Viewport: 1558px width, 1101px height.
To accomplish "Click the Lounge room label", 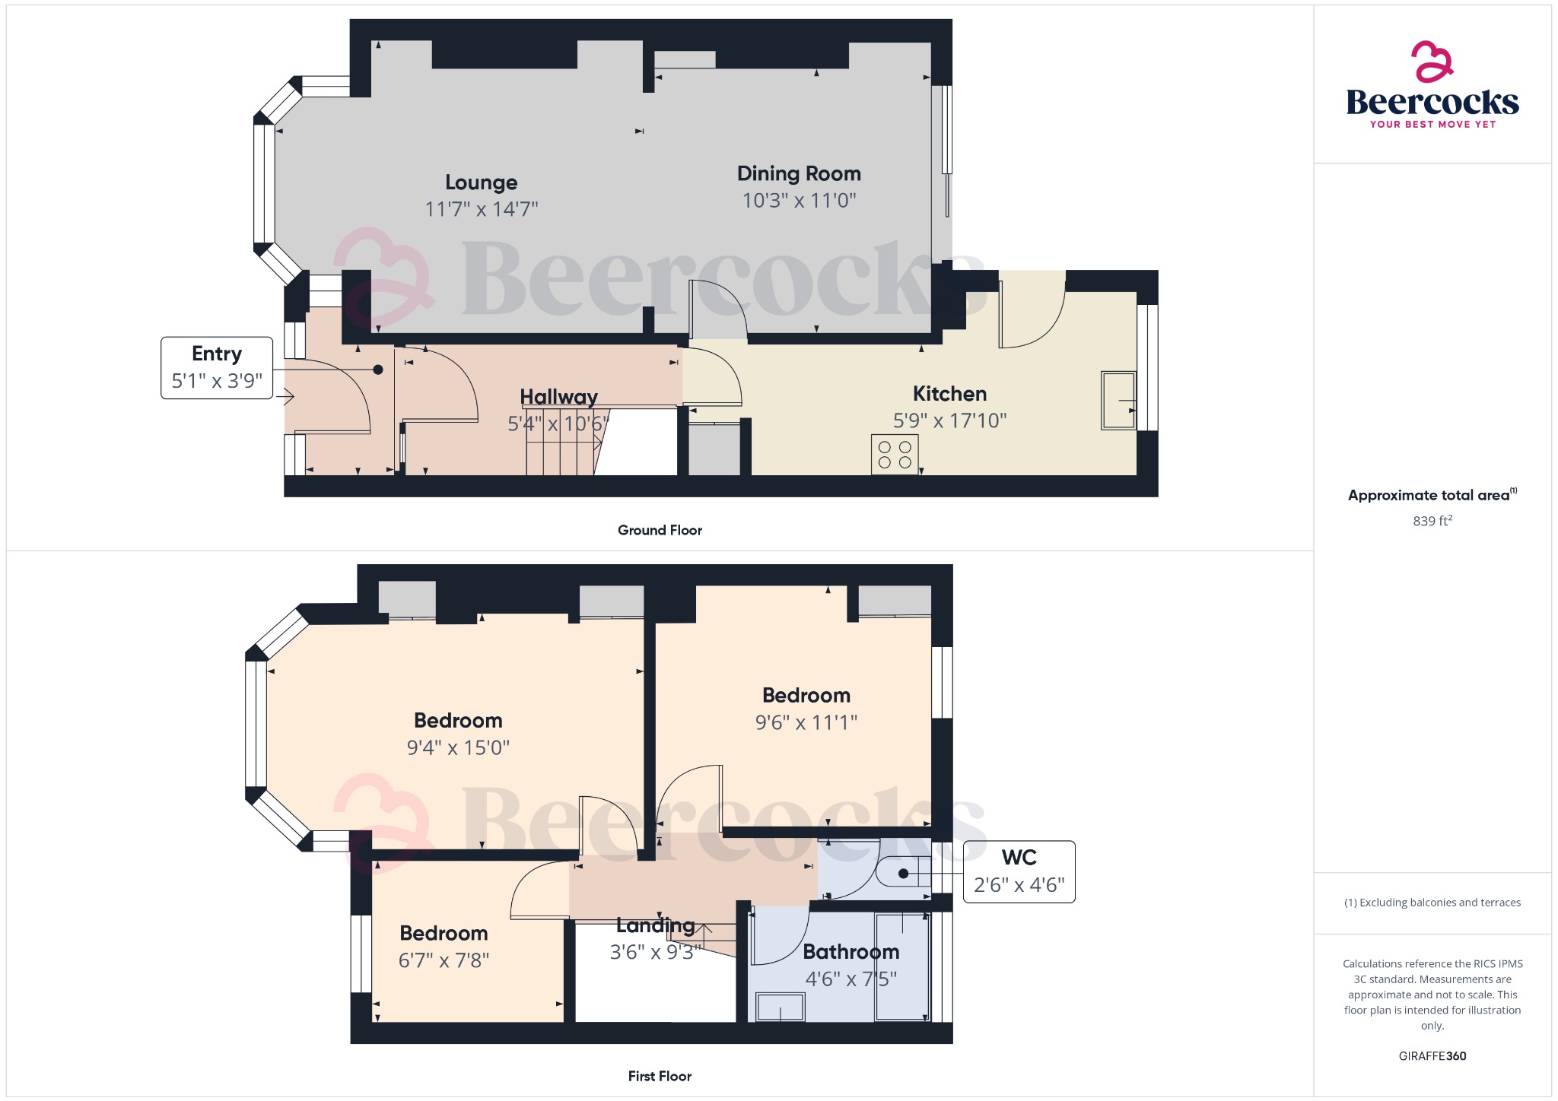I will coord(481,182).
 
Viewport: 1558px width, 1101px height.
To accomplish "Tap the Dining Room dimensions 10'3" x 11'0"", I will coord(799,201).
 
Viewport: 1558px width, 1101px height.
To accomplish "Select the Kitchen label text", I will coord(949,394).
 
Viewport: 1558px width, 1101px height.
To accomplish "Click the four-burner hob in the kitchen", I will coord(895,455).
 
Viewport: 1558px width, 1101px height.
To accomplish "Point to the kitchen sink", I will coord(1118,400).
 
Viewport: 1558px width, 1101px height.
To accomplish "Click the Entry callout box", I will coord(217,367).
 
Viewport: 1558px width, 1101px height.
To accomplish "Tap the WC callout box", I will coord(1019,871).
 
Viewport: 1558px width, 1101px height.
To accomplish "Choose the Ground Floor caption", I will coord(660,530).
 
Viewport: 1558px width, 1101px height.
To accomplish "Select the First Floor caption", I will coord(660,1076).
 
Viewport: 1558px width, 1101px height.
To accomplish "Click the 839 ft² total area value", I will coord(1432,521).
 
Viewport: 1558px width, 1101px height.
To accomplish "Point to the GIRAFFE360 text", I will coord(1432,1056).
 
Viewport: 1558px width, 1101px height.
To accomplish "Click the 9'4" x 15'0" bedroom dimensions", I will coord(458,747).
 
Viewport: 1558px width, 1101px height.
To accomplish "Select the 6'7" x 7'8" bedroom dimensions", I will coord(444,960).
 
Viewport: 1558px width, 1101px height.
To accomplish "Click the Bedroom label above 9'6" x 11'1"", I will coord(806,696).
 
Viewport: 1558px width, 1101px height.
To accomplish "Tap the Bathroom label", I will coord(851,952).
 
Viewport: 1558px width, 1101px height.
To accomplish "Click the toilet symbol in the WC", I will coord(903,873).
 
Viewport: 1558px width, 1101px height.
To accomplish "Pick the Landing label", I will coord(655,925).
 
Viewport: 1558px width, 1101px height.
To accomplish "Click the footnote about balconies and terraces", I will coord(1432,903).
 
